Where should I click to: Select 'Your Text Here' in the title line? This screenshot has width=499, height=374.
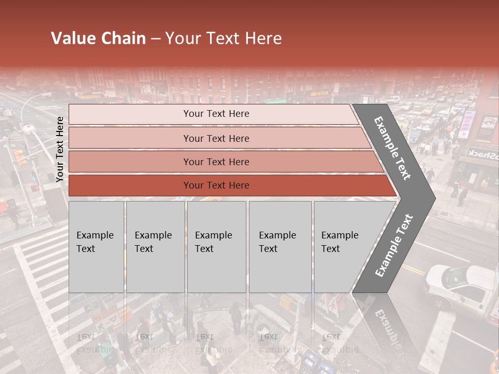pyautogui.click(x=224, y=38)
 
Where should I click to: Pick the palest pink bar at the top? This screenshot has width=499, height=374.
pyautogui.click(x=213, y=114)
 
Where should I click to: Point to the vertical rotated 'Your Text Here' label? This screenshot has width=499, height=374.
pyautogui.click(x=60, y=149)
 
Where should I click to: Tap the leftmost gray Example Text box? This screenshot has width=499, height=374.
pyautogui.click(x=96, y=247)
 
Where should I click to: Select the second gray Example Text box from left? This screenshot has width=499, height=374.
pyautogui.click(x=155, y=247)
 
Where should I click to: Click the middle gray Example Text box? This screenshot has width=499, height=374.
pyautogui.click(x=216, y=247)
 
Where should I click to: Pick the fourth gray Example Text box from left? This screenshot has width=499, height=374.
pyautogui.click(x=280, y=247)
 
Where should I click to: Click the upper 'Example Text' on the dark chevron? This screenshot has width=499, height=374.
pyautogui.click(x=392, y=148)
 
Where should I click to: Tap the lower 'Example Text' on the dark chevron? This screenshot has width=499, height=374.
pyautogui.click(x=394, y=245)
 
